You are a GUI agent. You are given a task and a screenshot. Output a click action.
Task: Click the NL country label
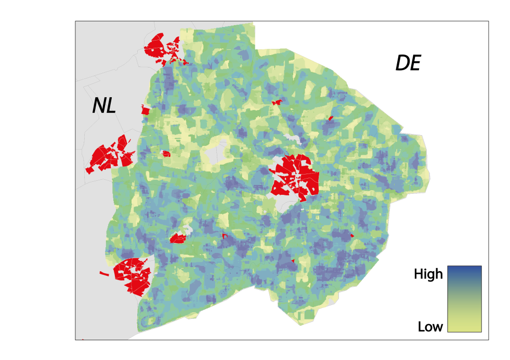(x=104, y=106)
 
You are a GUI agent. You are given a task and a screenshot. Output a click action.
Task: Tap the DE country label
(x=408, y=63)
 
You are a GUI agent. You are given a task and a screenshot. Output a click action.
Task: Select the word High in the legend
(x=428, y=274)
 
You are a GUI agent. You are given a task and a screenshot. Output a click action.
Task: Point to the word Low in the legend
(x=430, y=327)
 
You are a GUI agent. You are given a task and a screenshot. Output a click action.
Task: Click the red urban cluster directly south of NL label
(x=110, y=154)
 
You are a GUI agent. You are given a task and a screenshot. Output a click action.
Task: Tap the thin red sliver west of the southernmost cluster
(x=104, y=273)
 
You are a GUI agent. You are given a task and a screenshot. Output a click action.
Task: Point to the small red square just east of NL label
(x=146, y=110)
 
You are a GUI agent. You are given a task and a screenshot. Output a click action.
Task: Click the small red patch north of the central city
(x=277, y=102)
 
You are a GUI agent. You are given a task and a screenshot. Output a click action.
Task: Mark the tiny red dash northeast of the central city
(x=331, y=118)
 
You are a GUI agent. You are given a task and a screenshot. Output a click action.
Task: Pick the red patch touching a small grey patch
(x=178, y=238)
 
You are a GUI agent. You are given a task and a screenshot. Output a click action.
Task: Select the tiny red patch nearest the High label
(x=352, y=236)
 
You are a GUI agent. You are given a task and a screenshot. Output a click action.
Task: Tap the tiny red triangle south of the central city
(x=294, y=260)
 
